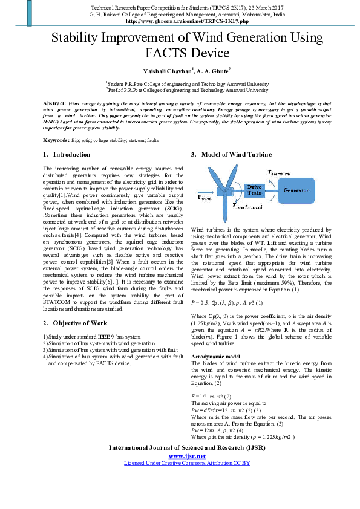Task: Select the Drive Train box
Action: [x=254, y=190]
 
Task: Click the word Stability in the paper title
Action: [x=79, y=37]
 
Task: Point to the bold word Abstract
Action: [x=55, y=103]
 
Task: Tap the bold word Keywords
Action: [x=57, y=140]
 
